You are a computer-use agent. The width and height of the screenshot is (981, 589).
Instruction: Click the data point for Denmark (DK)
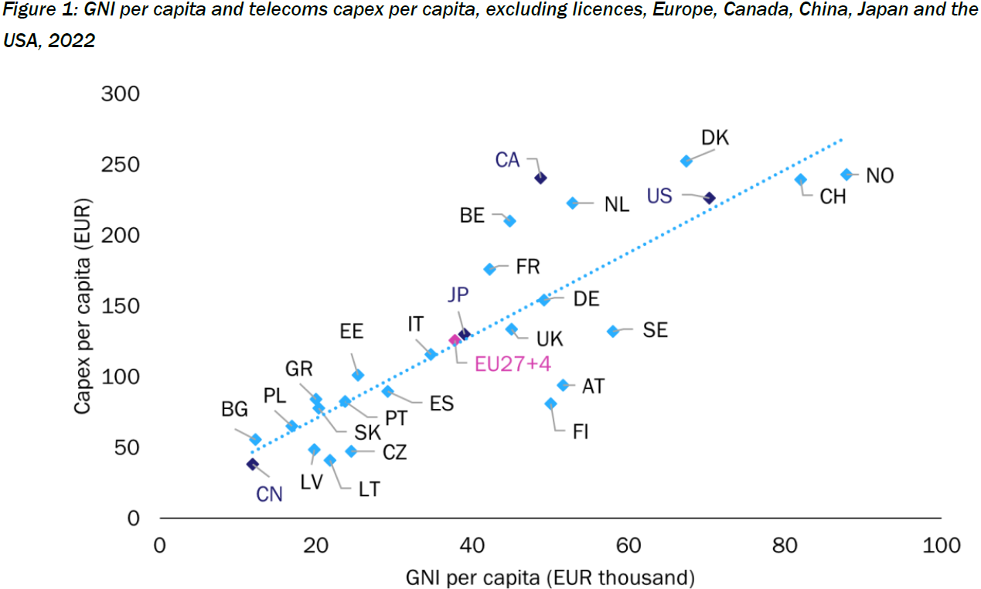tap(686, 161)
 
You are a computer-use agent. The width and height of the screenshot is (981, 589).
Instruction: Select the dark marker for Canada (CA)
tap(540, 178)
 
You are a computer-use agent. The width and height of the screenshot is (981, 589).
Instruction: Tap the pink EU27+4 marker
tap(455, 340)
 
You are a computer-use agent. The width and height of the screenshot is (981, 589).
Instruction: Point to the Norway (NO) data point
tap(846, 175)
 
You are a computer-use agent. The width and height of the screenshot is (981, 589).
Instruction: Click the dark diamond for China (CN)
tap(252, 464)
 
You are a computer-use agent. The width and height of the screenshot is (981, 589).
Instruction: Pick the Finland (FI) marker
tap(550, 403)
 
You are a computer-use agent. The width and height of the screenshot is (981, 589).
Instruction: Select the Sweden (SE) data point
tap(613, 331)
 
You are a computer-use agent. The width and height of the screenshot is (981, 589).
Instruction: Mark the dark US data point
tap(709, 199)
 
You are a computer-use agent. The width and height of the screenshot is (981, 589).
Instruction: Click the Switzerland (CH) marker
tap(801, 179)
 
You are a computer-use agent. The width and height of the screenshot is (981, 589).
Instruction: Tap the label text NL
tap(616, 204)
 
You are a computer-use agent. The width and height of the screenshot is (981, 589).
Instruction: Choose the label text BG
tap(235, 410)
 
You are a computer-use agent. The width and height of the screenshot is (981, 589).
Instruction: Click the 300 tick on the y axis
tap(120, 94)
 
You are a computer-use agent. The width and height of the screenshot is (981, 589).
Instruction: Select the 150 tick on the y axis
tap(120, 306)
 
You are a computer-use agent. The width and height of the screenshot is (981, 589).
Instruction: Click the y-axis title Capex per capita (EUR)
tap(83, 306)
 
